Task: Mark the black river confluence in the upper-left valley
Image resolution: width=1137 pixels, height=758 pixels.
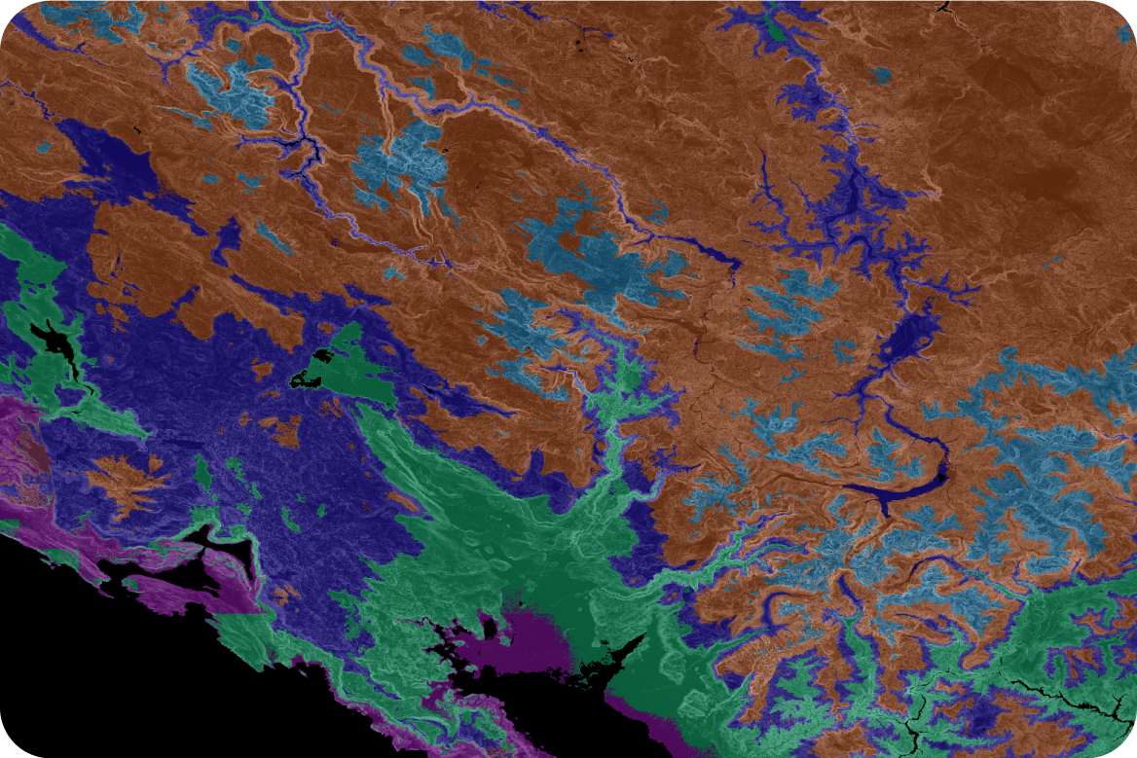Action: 310,149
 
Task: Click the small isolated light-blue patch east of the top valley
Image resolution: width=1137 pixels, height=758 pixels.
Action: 881,74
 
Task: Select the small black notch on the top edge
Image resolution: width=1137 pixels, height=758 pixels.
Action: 942,6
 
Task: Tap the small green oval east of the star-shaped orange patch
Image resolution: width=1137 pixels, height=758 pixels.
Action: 202,472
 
